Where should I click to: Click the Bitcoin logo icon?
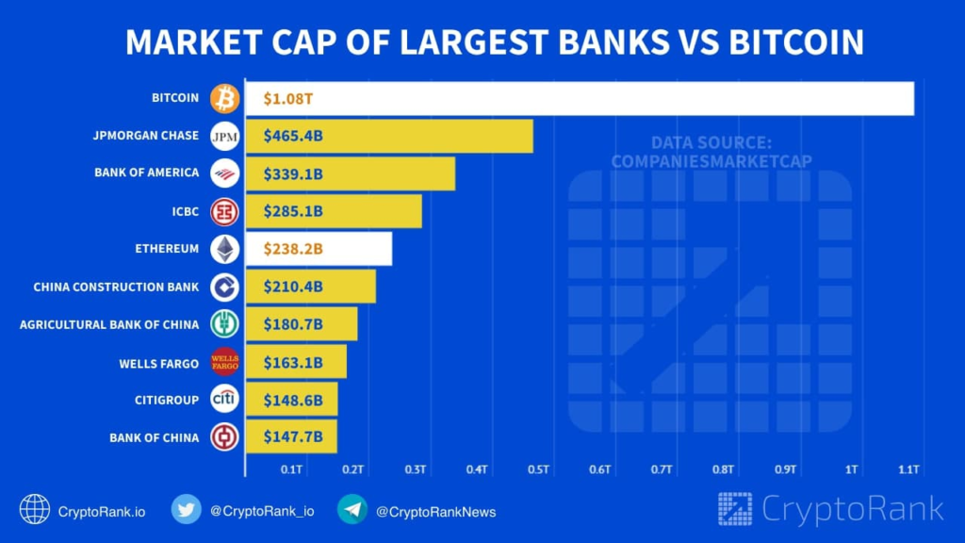[x=225, y=98]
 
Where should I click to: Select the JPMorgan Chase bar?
[x=388, y=136]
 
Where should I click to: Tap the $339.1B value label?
[x=293, y=173]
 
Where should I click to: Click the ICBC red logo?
[x=225, y=211]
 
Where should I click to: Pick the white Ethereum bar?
[x=319, y=249]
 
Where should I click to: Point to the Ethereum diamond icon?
[x=225, y=249]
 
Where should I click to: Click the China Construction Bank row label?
[x=116, y=287]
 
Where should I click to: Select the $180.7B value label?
[x=293, y=324]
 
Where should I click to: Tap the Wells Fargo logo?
[x=225, y=361]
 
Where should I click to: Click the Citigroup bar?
[x=291, y=400]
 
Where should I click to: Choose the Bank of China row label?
[x=154, y=437]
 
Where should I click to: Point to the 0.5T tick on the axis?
[x=538, y=469]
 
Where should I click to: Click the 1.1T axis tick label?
[x=908, y=469]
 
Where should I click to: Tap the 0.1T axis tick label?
[x=291, y=469]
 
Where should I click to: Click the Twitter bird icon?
[x=186, y=509]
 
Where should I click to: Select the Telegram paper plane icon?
[x=352, y=509]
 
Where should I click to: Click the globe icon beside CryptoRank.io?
[x=35, y=509]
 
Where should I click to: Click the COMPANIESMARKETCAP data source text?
[x=711, y=161]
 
